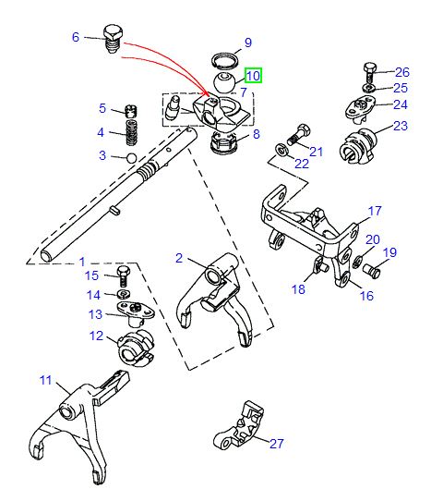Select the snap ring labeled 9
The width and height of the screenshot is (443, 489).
[x=220, y=61]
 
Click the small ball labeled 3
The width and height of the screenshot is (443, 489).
[x=131, y=158]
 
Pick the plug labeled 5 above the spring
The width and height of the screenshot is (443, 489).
[x=130, y=112]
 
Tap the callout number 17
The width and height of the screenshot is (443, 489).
[x=375, y=211]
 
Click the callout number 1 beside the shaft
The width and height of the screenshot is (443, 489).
[x=81, y=263]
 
